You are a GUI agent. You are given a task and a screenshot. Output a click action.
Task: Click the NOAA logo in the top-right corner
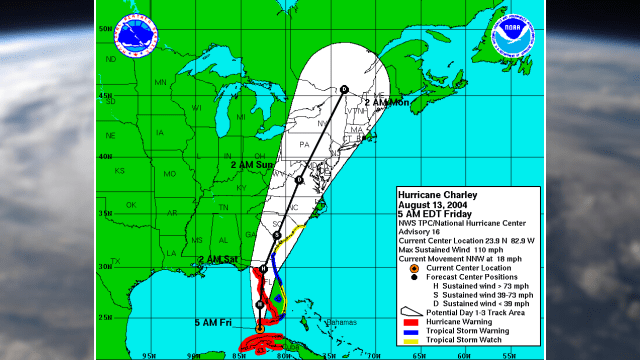tap(513, 37)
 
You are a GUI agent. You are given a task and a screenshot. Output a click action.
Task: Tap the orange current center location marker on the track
tap(260, 327)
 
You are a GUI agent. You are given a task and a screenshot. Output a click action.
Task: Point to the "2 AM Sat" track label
tap(217, 260)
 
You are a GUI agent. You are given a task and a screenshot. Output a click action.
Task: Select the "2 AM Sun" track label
tap(252, 164)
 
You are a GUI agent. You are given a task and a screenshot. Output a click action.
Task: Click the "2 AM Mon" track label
tap(388, 102)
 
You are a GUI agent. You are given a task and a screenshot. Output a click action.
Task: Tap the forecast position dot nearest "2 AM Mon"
tap(343, 89)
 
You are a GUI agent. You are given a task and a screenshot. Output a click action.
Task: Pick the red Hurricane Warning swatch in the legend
tap(409, 322)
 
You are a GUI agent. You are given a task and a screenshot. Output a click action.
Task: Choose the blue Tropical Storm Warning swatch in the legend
tap(409, 331)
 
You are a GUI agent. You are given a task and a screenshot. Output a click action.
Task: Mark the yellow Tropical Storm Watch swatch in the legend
tap(409, 340)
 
